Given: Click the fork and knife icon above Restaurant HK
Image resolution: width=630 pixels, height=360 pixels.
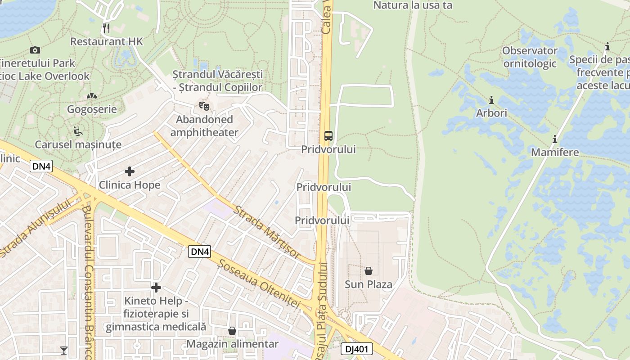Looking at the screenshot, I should click(x=106, y=28).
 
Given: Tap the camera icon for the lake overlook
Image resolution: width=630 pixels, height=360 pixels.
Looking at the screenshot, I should click(x=35, y=50).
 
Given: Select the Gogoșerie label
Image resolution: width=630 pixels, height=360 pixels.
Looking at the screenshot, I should click(x=92, y=109).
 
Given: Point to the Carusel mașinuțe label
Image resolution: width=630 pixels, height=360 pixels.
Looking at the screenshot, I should click(x=78, y=144).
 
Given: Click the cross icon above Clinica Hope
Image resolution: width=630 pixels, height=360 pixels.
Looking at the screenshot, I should click(x=130, y=171).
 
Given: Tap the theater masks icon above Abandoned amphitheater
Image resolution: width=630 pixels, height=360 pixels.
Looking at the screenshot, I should click(x=204, y=107).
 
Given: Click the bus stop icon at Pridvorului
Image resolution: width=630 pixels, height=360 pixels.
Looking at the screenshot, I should click(x=328, y=136).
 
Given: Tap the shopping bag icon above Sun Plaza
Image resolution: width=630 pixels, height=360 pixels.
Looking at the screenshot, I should click(x=369, y=271).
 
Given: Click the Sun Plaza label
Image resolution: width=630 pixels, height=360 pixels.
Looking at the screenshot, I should click(x=369, y=284).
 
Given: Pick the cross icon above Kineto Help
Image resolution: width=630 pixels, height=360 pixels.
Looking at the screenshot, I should click(x=156, y=287).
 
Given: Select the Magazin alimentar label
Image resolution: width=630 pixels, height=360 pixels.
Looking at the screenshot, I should click(x=233, y=344).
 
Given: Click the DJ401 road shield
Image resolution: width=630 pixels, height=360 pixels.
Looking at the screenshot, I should click(x=356, y=349).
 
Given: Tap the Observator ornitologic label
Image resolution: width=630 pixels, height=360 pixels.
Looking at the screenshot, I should click(x=530, y=57).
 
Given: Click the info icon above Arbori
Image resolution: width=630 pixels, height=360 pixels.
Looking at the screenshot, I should click(x=491, y=99).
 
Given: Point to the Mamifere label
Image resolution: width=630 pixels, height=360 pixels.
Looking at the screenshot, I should click(x=555, y=152).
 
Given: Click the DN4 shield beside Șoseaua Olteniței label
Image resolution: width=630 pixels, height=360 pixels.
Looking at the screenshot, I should click(x=200, y=252).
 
